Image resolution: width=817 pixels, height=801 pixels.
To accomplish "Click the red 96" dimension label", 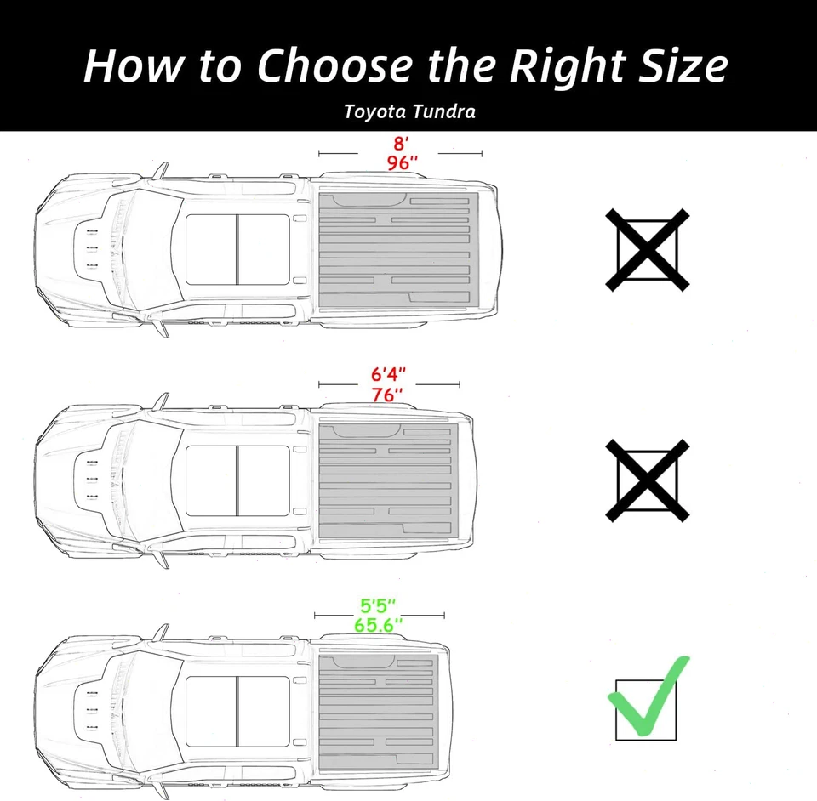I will [x=399, y=163].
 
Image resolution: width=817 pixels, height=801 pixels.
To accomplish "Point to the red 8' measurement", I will [x=399, y=144].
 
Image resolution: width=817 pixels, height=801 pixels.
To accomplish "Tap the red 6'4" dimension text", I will [x=389, y=375].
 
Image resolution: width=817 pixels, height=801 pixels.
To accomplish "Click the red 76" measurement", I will [x=389, y=395].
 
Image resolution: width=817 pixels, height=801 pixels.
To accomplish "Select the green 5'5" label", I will [x=378, y=607].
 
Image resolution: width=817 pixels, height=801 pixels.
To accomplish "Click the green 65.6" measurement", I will [x=378, y=626].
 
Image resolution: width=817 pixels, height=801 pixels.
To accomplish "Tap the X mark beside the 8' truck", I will [x=647, y=250].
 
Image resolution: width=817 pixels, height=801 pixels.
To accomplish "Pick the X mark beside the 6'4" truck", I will [x=647, y=480].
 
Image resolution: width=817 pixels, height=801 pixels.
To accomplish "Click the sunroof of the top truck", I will [x=237, y=250].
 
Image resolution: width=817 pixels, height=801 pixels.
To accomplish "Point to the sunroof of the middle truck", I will [x=237, y=480].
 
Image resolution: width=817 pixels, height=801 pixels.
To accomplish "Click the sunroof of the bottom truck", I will [x=237, y=710].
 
